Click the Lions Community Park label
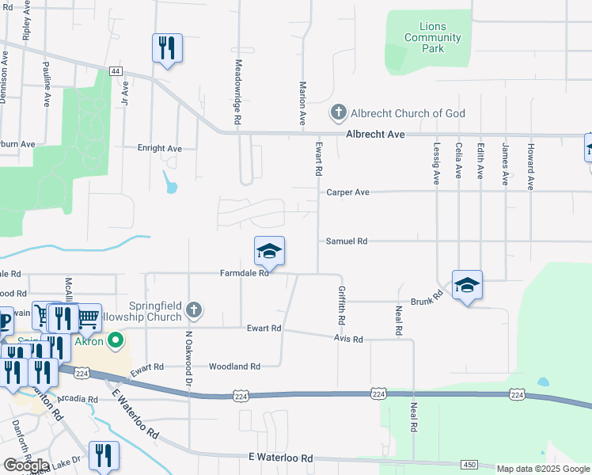pyautogui.click(x=432, y=38)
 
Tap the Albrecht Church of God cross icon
pyautogui.click(x=339, y=113)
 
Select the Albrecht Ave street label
pyautogui.click(x=375, y=135)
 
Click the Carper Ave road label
pyautogui.click(x=347, y=192)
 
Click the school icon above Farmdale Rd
pyautogui.click(x=269, y=252)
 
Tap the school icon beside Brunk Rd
pyautogui.click(x=467, y=285)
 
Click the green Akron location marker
pyautogui.click(x=116, y=342)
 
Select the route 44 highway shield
pyautogui.click(x=116, y=71)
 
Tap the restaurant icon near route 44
pyautogui.click(x=167, y=49)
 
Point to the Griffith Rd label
pyautogui.click(x=342, y=306)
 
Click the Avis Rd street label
pyautogui.click(x=347, y=339)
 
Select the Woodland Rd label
pyautogui.click(x=234, y=367)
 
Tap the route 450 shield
pyautogui.click(x=469, y=464)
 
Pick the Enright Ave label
pyautogui.click(x=160, y=148)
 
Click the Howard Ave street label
pyautogui.click(x=531, y=166)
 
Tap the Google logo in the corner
pyautogui.click(x=26, y=465)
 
